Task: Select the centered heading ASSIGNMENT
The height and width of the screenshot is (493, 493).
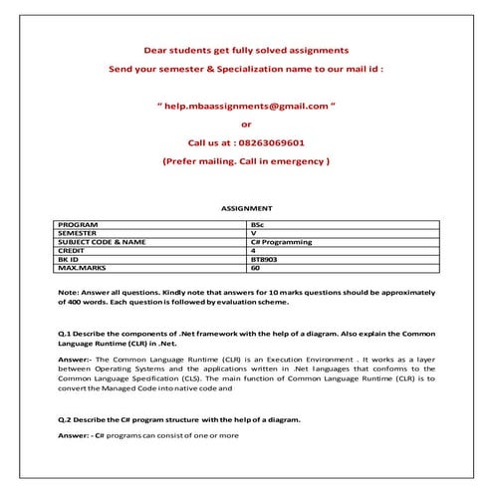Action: tap(246, 209)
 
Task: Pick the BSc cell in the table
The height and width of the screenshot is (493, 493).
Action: tap(258, 226)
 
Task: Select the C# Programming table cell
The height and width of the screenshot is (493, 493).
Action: tap(282, 242)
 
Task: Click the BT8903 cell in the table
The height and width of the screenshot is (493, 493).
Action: tap(265, 259)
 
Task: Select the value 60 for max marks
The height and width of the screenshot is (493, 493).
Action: tap(255, 267)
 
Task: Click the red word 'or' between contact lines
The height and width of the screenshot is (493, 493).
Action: tap(246, 124)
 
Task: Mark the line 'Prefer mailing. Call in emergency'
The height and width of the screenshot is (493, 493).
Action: tap(246, 160)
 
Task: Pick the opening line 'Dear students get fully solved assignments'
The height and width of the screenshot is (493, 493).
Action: tap(246, 49)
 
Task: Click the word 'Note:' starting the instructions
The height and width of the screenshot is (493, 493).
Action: tap(69, 291)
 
